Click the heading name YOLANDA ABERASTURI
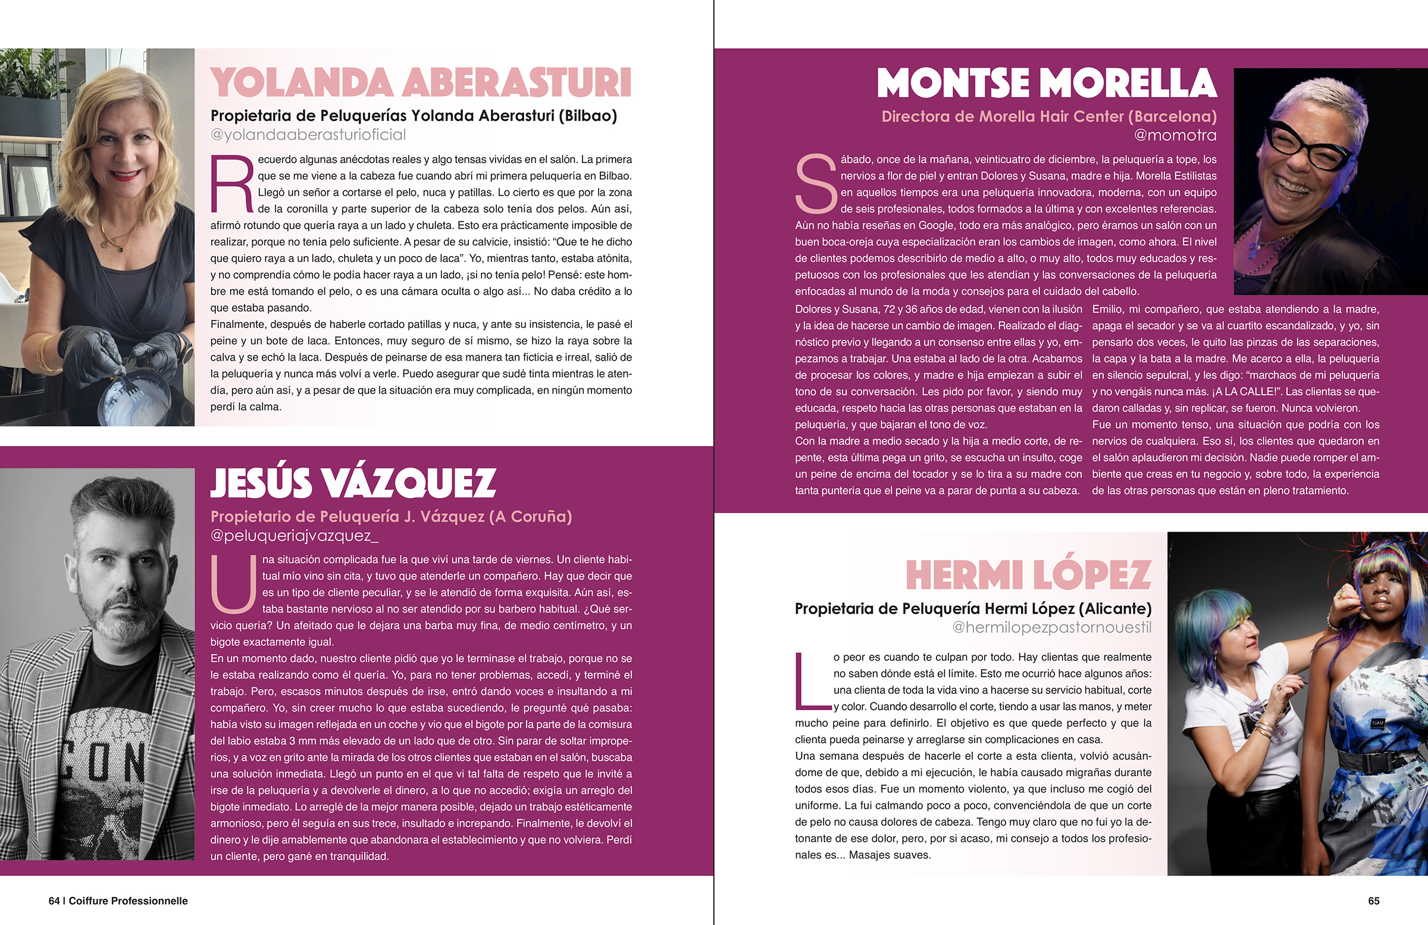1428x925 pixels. click(x=420, y=83)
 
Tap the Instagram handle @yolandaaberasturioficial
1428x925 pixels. click(x=308, y=135)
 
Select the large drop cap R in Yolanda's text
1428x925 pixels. click(x=231, y=184)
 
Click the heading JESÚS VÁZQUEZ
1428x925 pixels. click(x=353, y=483)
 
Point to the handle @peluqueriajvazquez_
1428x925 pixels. click(x=294, y=536)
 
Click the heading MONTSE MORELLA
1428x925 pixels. click(x=1047, y=83)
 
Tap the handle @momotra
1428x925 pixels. click(x=1175, y=135)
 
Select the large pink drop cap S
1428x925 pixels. click(x=815, y=184)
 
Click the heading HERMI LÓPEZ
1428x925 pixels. click(x=1028, y=575)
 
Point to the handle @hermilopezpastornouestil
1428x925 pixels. click(x=1051, y=628)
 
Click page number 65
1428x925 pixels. click(x=1373, y=901)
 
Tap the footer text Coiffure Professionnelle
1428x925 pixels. click(x=128, y=901)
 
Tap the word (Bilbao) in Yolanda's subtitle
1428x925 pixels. click(x=587, y=116)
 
